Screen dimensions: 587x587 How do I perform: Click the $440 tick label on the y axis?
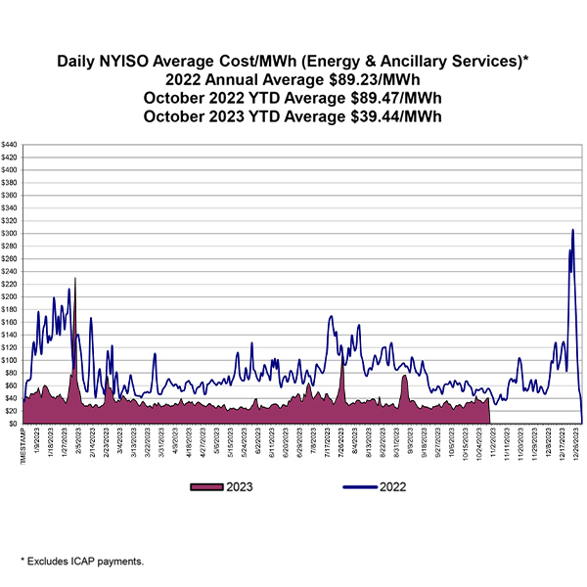[x=11, y=145]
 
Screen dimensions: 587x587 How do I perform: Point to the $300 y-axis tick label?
[x=11, y=234]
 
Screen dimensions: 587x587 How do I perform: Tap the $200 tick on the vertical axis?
[x=11, y=296]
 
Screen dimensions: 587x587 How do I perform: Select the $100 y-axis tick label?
[x=11, y=360]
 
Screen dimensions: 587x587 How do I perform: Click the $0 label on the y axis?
[x=14, y=424]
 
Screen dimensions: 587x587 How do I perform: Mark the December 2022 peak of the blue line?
[x=572, y=230]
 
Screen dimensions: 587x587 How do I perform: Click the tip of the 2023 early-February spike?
[x=74, y=279]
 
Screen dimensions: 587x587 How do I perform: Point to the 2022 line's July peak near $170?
[x=331, y=316]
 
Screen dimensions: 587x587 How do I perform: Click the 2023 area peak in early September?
[x=404, y=376]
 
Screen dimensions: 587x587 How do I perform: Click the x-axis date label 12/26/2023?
[x=578, y=451]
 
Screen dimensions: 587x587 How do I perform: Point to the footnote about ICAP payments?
[x=82, y=561]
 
